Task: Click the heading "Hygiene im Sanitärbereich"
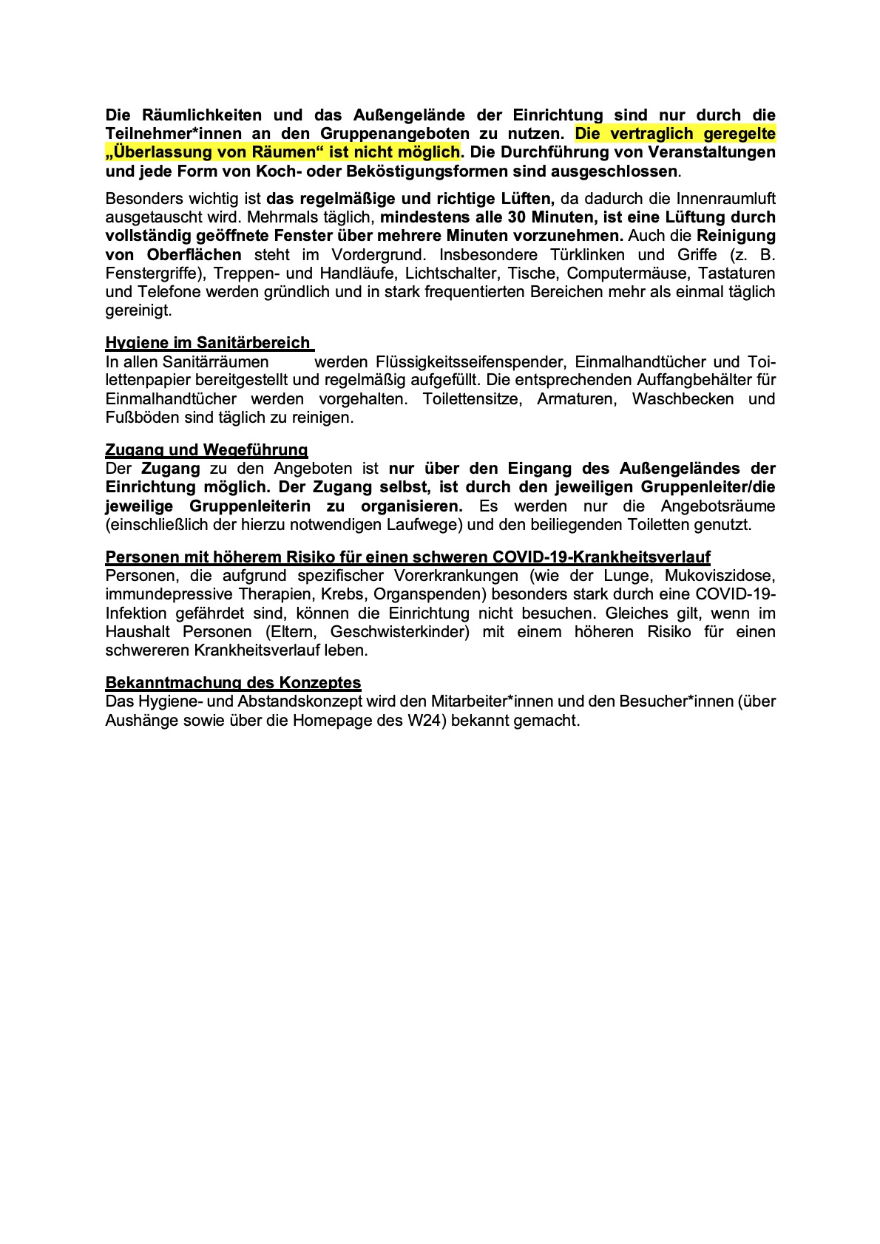coord(208,342)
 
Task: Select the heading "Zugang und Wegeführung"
coord(206,449)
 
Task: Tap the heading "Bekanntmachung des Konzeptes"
coord(233,682)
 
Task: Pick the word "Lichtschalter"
coord(451,273)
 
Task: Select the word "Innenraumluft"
coord(726,199)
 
